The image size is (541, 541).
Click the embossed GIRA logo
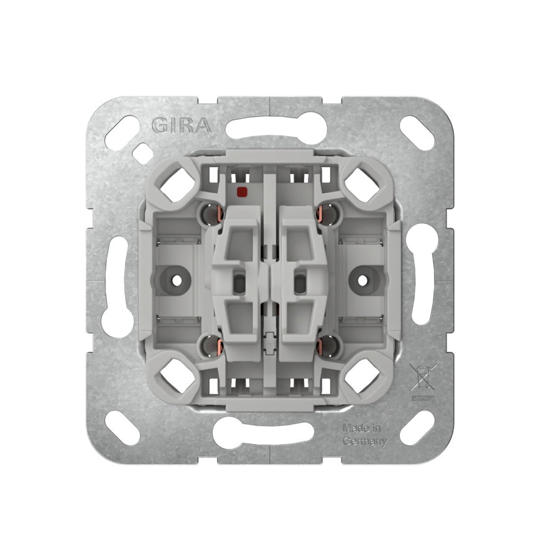[182, 125]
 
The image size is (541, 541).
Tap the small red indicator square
[243, 191]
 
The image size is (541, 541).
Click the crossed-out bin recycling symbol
[423, 382]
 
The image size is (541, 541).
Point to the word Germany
[364, 442]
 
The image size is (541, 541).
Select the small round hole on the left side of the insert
[177, 280]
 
